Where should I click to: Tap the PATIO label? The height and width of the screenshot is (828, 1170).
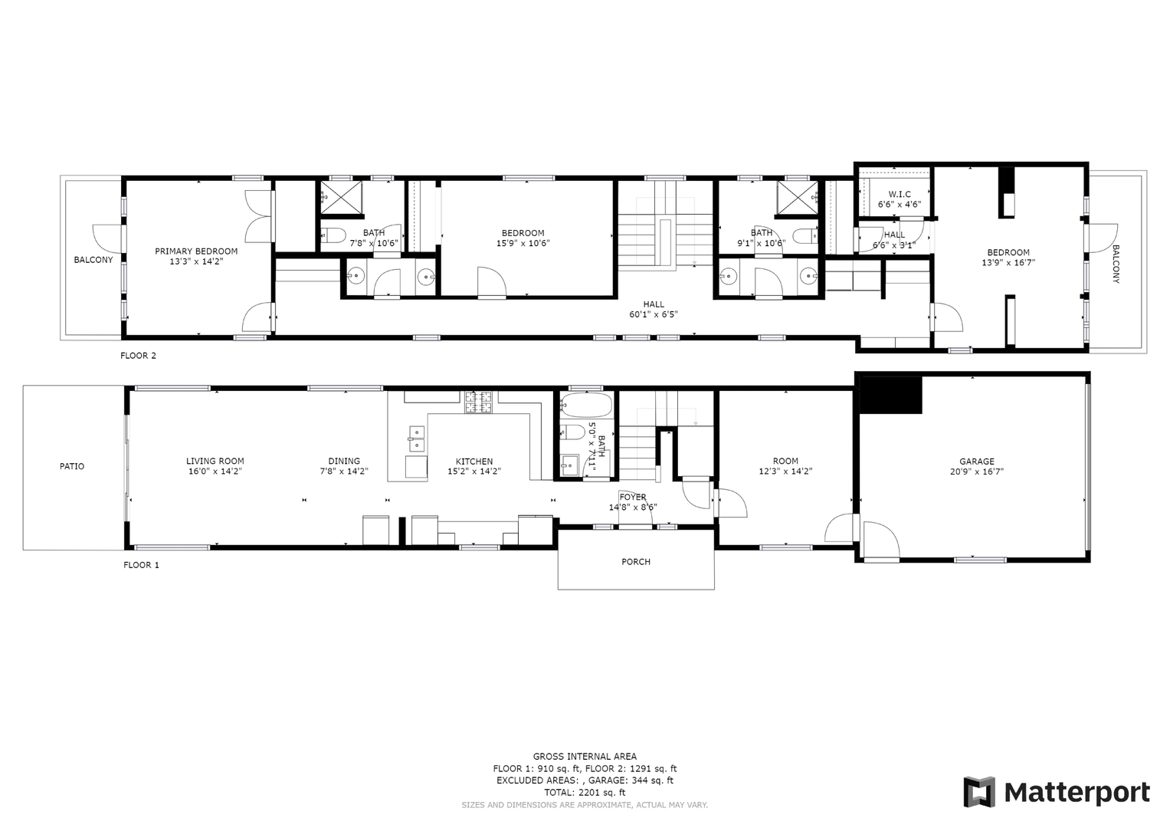coord(72,466)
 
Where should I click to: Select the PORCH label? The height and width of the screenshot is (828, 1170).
coord(636,562)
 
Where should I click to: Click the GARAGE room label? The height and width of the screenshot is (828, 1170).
coord(977,462)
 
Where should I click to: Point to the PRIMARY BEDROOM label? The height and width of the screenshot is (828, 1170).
coord(196,251)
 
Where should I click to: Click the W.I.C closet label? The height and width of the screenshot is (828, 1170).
coord(900,195)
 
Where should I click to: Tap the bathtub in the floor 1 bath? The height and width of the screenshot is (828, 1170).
coord(585,404)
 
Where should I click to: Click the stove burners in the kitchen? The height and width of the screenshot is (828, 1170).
coord(478,402)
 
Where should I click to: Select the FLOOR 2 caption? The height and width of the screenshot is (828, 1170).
coord(139,356)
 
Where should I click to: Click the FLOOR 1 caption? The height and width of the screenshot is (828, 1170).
coord(141,565)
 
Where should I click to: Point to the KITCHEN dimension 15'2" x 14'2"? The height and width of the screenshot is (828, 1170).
coord(474,471)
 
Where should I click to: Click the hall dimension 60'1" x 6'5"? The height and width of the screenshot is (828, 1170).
coord(654,314)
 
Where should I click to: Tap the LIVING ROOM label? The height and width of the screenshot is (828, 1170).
coord(215,461)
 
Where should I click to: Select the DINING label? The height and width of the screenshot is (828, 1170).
coord(344,461)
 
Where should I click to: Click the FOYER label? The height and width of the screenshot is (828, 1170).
coord(633,497)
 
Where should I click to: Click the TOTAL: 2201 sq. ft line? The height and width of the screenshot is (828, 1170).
coord(585,793)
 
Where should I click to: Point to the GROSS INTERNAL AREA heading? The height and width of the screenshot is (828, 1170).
coord(585,757)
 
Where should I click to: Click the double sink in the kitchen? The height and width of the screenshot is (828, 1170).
coord(417,439)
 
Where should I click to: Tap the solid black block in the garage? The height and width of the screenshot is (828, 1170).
coord(890,395)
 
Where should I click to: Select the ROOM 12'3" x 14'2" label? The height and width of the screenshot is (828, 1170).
coord(785,466)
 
